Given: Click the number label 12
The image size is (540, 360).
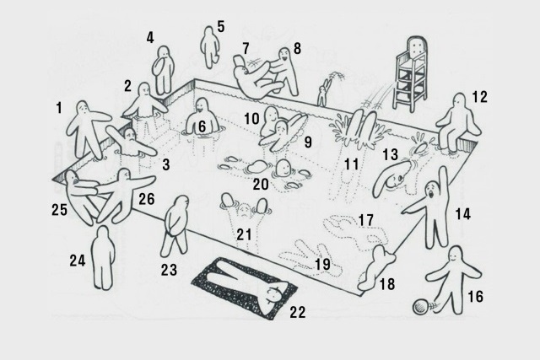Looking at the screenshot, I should tap(479, 97).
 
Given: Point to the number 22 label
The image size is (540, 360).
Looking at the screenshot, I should tap(296, 314).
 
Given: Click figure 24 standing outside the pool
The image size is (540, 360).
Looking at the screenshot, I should tap(102, 257).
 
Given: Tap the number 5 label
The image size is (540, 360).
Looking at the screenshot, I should tap(221, 26).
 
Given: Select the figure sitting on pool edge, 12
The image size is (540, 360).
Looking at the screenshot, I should tap(458, 122).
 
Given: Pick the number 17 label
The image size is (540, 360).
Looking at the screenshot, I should tap(365, 218).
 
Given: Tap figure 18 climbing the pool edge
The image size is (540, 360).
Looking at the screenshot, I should tap(376, 268).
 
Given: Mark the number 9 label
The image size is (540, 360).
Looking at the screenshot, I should tap(307, 142).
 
